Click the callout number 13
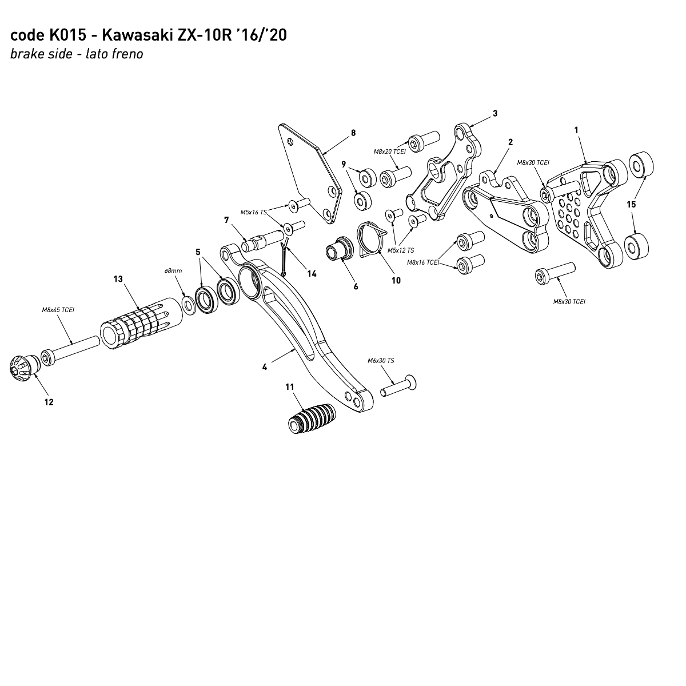(x=118, y=279)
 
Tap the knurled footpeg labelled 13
(x=134, y=329)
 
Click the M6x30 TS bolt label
(x=381, y=361)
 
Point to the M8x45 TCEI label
(x=58, y=310)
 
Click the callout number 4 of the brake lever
(x=265, y=367)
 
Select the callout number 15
(x=631, y=204)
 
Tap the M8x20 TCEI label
(x=389, y=151)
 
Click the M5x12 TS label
(x=401, y=250)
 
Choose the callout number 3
(x=495, y=113)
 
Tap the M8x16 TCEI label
(x=423, y=262)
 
